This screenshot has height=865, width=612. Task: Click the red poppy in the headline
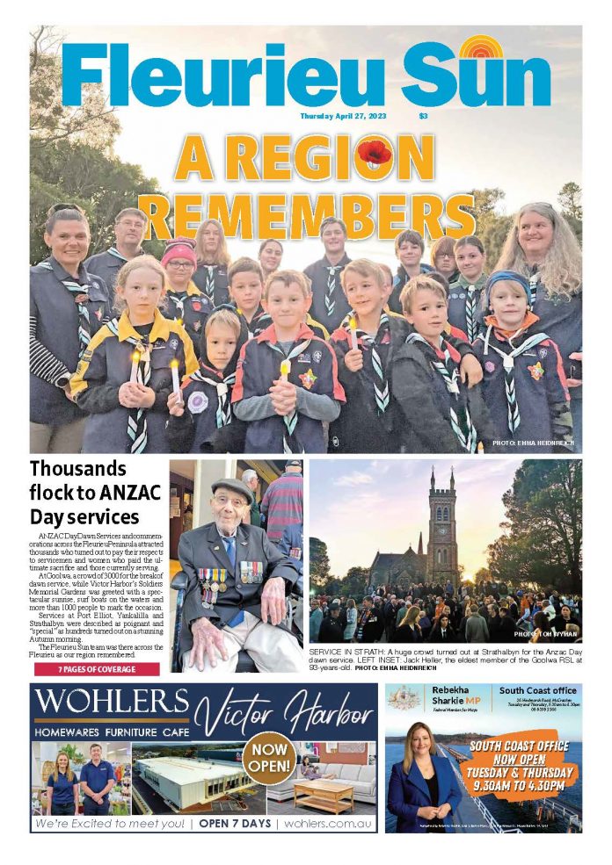[375, 154]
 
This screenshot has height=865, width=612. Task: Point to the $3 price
[423, 116]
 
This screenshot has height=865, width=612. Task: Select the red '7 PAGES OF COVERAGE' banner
[97, 669]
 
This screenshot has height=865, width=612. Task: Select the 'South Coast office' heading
[538, 690]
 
